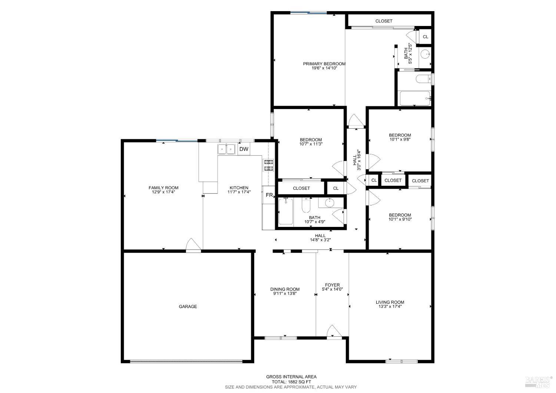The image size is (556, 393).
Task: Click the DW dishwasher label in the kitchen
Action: click(244, 149)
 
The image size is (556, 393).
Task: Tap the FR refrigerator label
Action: click(269, 195)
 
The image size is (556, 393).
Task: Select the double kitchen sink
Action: click(226, 149)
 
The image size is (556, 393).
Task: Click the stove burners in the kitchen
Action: click(268, 165)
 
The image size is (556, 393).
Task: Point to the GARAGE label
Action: click(188, 307)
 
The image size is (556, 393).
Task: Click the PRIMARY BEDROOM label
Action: click(324, 64)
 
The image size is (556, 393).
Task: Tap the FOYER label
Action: click(332, 285)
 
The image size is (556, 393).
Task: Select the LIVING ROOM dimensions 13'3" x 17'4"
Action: click(390, 307)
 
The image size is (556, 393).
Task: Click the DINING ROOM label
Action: click(285, 289)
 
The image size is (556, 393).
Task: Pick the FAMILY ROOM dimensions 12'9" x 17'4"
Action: click(163, 192)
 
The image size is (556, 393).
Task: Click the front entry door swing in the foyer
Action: click(332, 331)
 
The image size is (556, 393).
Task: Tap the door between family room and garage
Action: click(193, 245)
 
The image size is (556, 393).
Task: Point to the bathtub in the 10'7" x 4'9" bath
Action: click(285, 212)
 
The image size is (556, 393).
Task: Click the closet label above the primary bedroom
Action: click(384, 21)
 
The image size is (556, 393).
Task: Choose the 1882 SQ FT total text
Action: click(291, 382)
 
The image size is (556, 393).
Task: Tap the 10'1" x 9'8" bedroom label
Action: click(400, 137)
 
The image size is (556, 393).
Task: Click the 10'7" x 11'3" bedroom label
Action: click(311, 142)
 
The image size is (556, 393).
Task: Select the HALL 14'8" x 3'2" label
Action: click(320, 238)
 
